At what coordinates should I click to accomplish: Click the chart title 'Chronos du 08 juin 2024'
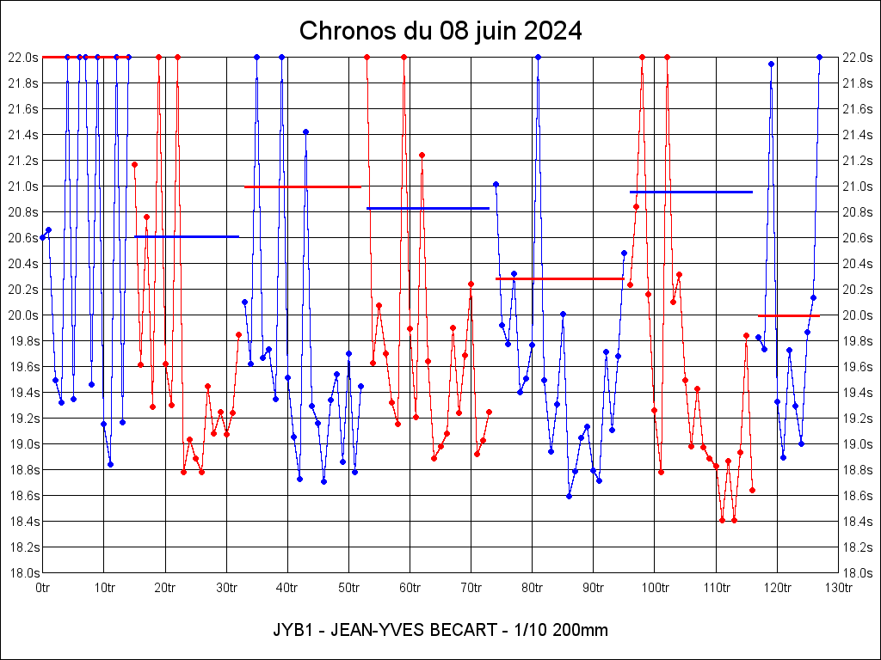pyautogui.click(x=440, y=32)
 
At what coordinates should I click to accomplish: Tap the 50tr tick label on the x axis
pyautogui.click(x=348, y=588)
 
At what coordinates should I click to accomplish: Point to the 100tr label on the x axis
pyautogui.click(x=655, y=588)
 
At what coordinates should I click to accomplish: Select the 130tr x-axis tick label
pyautogui.click(x=838, y=588)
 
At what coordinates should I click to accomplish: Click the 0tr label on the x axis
pyautogui.click(x=43, y=588)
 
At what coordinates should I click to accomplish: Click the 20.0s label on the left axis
pyautogui.click(x=23, y=315)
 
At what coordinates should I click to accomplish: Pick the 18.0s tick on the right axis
pyautogui.click(x=857, y=573)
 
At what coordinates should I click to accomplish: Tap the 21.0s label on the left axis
pyautogui.click(x=23, y=186)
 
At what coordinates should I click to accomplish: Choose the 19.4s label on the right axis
pyautogui.click(x=857, y=393)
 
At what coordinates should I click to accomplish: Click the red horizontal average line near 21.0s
pyautogui.click(x=302, y=186)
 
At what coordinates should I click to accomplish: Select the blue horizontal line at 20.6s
pyautogui.click(x=187, y=236)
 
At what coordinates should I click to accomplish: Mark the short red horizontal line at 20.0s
pyautogui.click(x=789, y=316)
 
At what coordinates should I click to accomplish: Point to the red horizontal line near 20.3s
pyautogui.click(x=559, y=278)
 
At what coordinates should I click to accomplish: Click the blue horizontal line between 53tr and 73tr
pyautogui.click(x=428, y=208)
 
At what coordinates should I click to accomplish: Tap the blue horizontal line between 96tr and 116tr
pyautogui.click(x=691, y=192)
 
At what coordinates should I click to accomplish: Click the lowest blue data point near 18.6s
pyautogui.click(x=569, y=496)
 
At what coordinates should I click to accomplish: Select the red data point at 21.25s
pyautogui.click(x=422, y=156)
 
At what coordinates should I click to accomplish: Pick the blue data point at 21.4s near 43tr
pyautogui.click(x=305, y=131)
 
